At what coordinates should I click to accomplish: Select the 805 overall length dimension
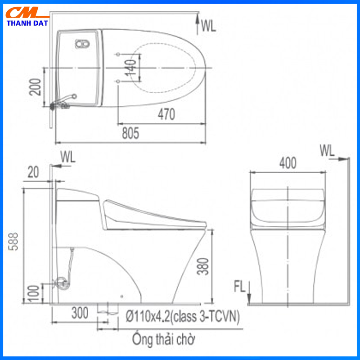(x=130, y=133)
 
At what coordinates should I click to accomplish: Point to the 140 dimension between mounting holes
(x=130, y=68)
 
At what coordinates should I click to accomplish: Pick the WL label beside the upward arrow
(x=208, y=26)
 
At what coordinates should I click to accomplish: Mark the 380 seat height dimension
(x=202, y=266)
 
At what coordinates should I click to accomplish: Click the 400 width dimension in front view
(x=288, y=163)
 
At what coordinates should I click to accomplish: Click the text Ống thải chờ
(x=163, y=338)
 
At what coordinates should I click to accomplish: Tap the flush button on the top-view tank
(x=82, y=44)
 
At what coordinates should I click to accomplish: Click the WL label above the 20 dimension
(x=68, y=157)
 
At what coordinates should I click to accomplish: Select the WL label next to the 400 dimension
(x=327, y=150)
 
